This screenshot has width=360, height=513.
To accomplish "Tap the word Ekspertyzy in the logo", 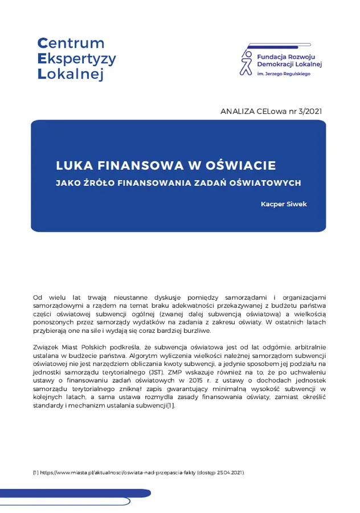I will pyautogui.click(x=77, y=59).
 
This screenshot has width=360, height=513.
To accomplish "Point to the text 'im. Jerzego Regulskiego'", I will pyautogui.click(x=284, y=74).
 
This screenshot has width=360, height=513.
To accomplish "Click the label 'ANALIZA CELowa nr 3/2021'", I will pyautogui.click(x=271, y=111).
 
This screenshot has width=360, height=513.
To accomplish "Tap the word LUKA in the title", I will pyautogui.click(x=75, y=166).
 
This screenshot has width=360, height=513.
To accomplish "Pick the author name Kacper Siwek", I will pyautogui.click(x=284, y=204).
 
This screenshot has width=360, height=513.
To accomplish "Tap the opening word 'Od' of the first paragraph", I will pyautogui.click(x=38, y=298).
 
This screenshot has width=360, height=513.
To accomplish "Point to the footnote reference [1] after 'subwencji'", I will pyautogui.click(x=170, y=405).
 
